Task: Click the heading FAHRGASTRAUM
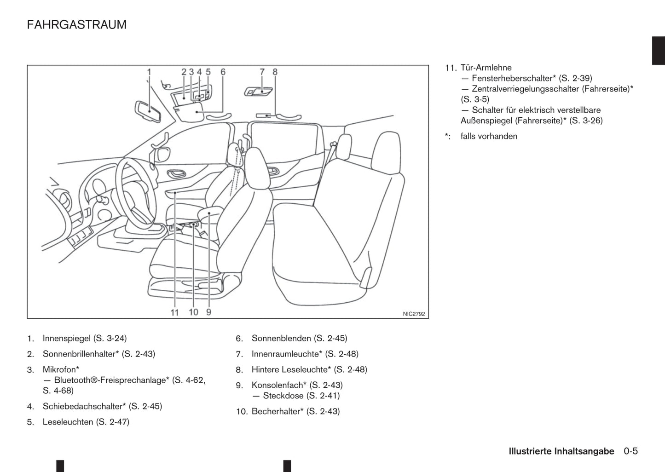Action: click(76, 24)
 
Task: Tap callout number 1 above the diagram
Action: click(149, 72)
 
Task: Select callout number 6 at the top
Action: click(223, 72)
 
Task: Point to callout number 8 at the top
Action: click(275, 72)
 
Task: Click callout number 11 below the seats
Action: click(174, 312)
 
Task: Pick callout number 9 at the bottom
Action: click(208, 312)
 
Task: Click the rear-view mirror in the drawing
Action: click(148, 111)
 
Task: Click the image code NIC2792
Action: click(414, 314)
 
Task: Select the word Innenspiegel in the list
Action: click(66, 339)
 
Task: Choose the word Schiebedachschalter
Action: click(84, 407)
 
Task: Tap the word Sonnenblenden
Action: click(281, 339)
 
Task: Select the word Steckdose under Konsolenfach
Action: click(283, 396)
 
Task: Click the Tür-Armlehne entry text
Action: click(486, 68)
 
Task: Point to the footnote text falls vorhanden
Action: click(489, 136)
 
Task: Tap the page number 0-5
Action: click(631, 451)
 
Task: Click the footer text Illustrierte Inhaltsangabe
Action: click(561, 451)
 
